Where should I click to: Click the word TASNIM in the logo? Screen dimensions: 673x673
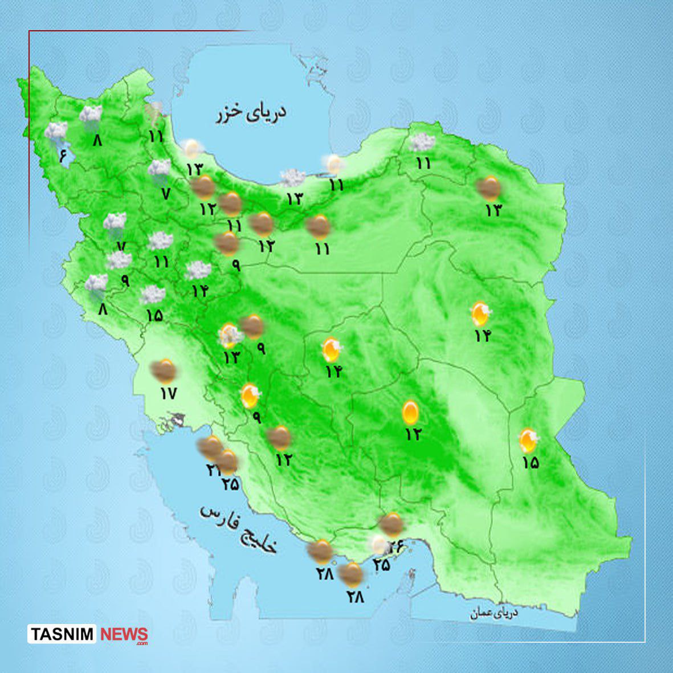click(x=63, y=634)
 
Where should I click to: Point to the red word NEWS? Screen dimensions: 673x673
click(x=124, y=634)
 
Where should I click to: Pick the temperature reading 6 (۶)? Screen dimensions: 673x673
click(x=63, y=154)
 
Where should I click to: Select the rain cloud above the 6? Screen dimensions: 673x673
click(x=56, y=132)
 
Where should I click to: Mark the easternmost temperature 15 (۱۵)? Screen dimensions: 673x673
click(x=530, y=463)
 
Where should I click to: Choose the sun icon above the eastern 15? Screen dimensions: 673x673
click(x=529, y=440)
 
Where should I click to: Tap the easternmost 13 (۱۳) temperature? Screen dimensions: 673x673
click(x=493, y=210)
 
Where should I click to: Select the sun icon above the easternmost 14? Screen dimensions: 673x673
click(x=481, y=313)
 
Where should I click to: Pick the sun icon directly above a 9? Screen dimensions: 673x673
click(x=250, y=395)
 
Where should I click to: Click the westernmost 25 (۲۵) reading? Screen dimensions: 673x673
click(x=231, y=484)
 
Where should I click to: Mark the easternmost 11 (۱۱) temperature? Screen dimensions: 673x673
click(x=423, y=164)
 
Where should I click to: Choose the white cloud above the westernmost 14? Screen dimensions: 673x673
click(x=198, y=270)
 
